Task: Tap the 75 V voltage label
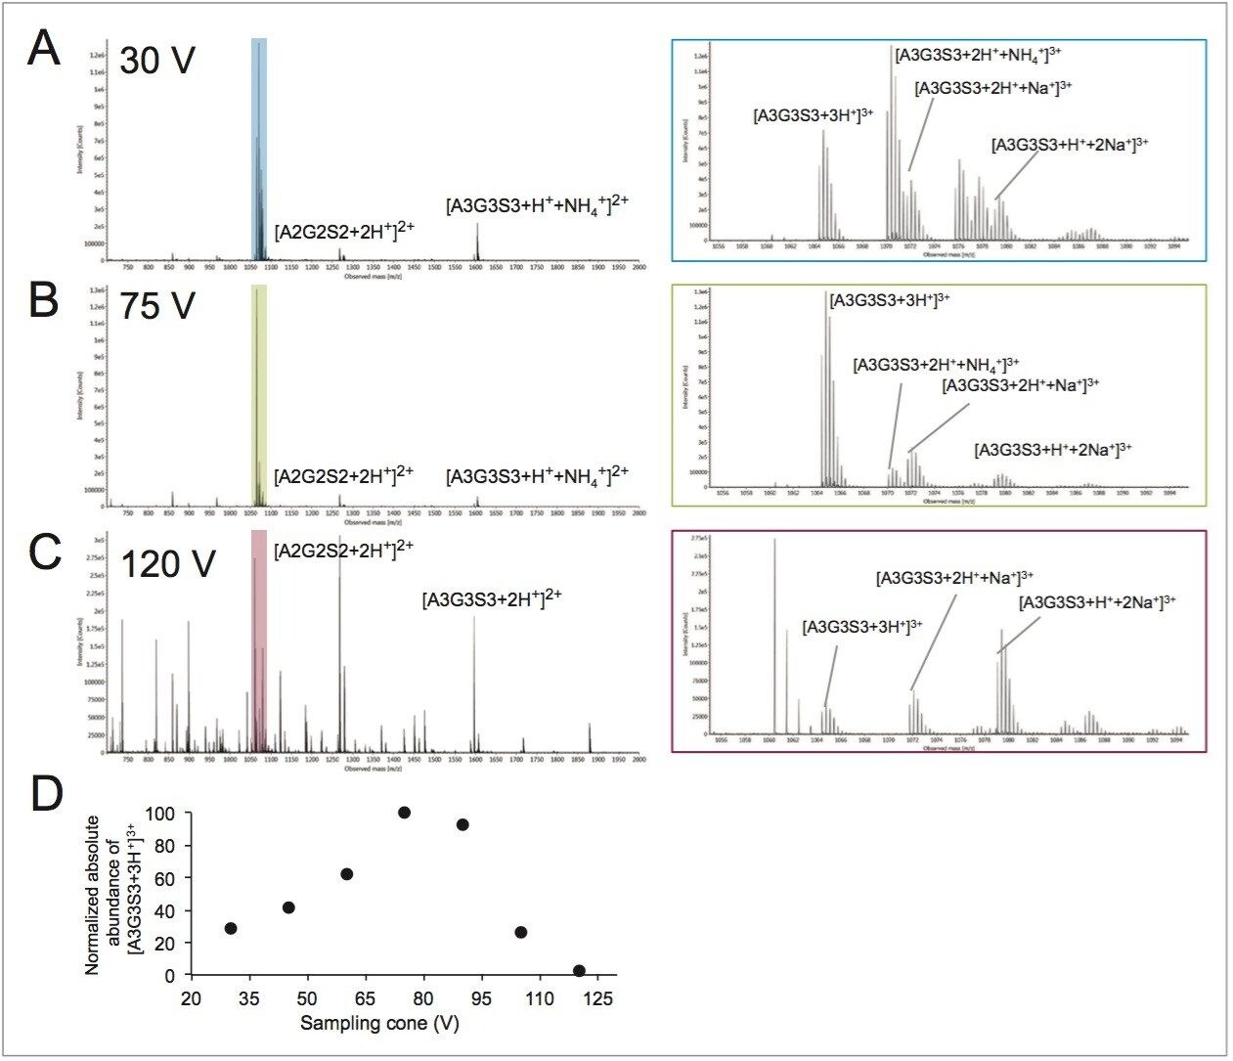coord(157,306)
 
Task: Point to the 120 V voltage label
coord(167,564)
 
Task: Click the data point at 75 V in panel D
coord(404,813)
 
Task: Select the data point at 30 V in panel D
coord(231,928)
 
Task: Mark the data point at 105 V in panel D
coord(521,932)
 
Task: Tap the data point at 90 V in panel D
coord(462,824)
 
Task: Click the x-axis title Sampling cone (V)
coord(379,1024)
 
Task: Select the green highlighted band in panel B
coord(259,391)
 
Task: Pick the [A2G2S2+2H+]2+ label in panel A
coord(344,232)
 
